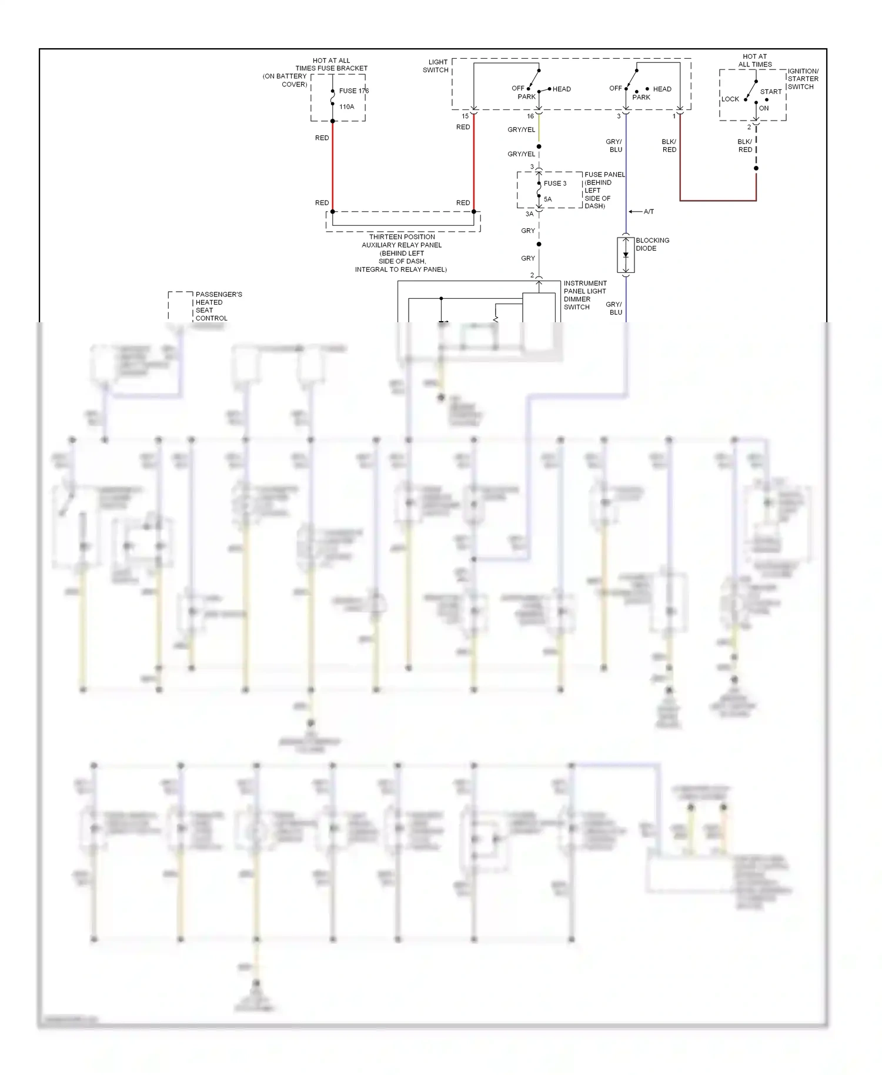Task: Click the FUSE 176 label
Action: (353, 91)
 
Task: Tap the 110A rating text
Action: (346, 106)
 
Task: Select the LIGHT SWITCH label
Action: (436, 66)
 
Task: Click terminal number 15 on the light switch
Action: (465, 116)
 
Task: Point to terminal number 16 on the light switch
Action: (530, 116)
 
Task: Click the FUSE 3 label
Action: (554, 183)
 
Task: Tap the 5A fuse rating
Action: (547, 199)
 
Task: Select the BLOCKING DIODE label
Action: (652, 244)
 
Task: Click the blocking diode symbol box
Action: (626, 255)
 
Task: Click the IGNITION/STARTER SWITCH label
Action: (803, 79)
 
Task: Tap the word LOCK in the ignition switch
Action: (730, 99)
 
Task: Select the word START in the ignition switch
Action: (770, 92)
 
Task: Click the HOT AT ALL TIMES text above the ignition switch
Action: (755, 61)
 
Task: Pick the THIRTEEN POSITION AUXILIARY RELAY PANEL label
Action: (402, 253)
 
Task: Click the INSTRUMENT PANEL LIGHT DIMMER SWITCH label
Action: (584, 295)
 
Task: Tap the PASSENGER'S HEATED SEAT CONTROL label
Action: (218, 306)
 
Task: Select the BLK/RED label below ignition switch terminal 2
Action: (744, 146)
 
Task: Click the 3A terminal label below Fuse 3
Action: (529, 214)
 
